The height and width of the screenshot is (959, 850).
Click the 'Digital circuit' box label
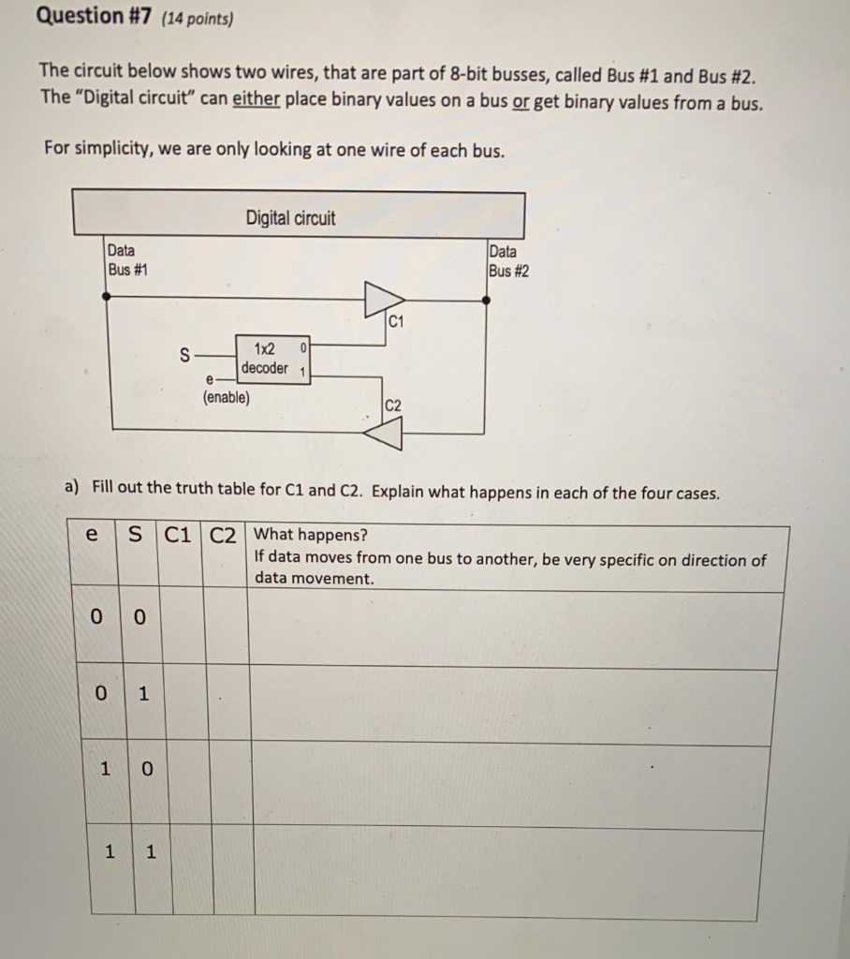point(290,218)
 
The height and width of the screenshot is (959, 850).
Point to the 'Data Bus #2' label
point(508,260)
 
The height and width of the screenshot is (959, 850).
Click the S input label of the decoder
point(184,356)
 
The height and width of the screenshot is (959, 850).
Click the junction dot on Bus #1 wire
point(107,296)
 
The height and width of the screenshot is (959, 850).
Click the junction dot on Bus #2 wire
point(485,300)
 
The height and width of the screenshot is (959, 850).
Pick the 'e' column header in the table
point(91,535)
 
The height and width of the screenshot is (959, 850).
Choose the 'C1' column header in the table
point(178,536)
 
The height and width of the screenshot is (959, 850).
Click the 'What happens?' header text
point(311,535)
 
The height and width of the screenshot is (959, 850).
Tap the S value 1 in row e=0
point(142,694)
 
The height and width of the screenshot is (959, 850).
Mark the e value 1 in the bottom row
point(110,851)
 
